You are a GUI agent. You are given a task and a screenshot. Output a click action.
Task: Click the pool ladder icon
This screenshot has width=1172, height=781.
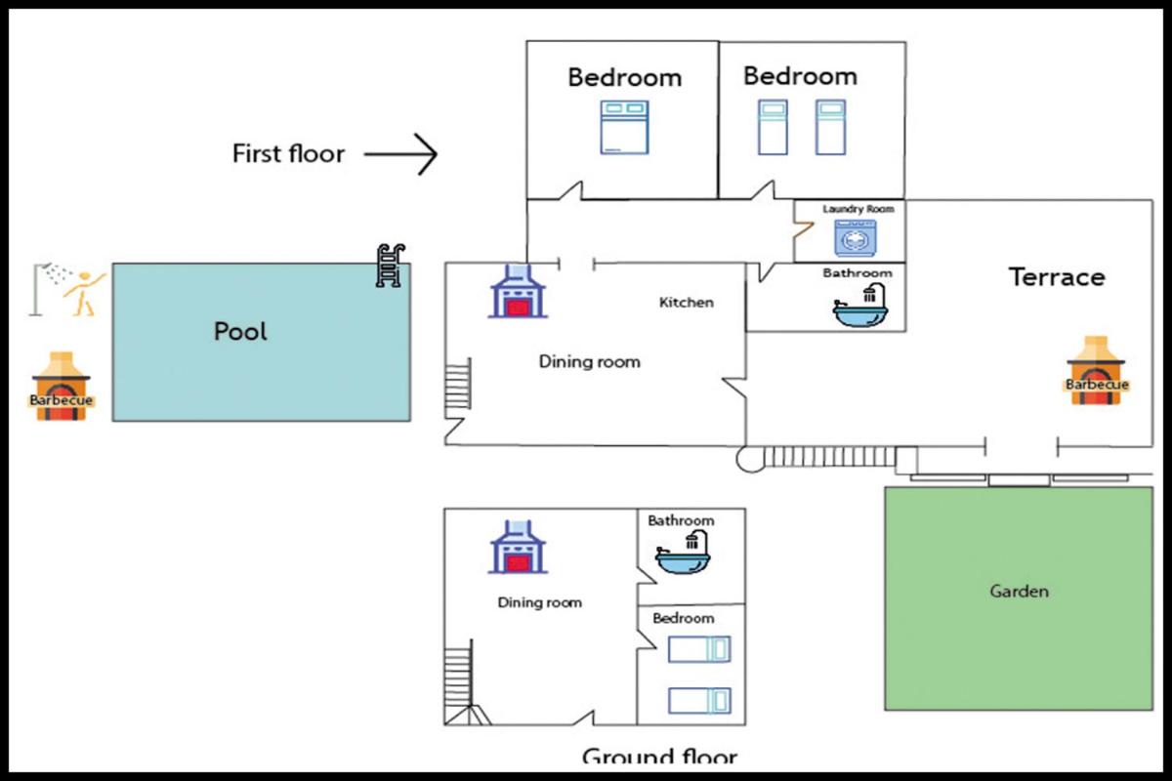click(x=390, y=265)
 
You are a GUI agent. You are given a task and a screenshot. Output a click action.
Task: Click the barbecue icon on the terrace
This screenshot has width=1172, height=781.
click(x=1097, y=371)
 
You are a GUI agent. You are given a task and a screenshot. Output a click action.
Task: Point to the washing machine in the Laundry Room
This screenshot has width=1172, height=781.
click(x=855, y=238)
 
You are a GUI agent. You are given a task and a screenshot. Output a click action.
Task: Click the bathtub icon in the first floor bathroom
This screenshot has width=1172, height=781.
click(x=861, y=307)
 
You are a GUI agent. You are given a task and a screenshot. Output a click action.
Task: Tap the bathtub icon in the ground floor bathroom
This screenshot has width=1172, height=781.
click(x=682, y=555)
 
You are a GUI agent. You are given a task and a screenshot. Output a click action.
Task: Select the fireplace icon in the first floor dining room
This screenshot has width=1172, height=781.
click(x=517, y=291)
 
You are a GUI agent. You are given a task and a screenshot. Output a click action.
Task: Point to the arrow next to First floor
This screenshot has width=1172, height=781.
click(x=400, y=154)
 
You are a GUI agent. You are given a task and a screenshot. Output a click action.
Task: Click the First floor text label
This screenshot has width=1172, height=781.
click(x=288, y=154)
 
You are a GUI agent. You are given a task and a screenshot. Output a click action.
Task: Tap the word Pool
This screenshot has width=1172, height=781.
click(x=240, y=332)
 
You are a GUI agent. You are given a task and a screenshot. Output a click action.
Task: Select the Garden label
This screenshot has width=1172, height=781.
click(x=1019, y=592)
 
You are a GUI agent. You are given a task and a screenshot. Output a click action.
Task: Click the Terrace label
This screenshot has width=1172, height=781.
click(x=1057, y=277)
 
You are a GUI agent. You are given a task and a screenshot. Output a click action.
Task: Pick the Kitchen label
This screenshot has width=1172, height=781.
click(x=687, y=303)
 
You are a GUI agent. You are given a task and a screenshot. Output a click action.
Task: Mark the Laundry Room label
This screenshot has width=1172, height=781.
click(x=858, y=209)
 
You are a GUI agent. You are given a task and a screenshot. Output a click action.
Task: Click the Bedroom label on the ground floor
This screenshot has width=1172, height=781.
click(x=683, y=619)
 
